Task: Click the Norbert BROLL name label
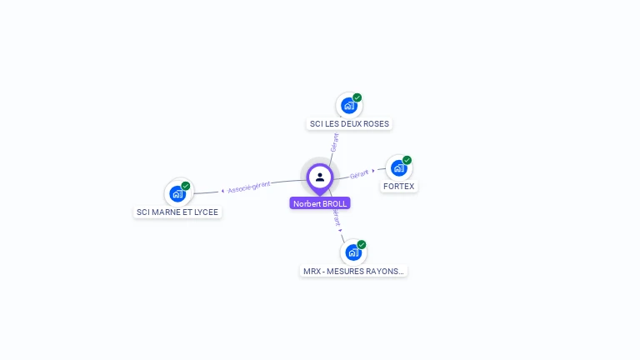click(x=320, y=203)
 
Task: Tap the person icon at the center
click(x=320, y=177)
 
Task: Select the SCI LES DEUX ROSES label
click(x=349, y=123)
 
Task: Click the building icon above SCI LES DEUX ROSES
click(x=349, y=106)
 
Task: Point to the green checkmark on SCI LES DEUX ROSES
click(x=357, y=97)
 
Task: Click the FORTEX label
click(x=399, y=186)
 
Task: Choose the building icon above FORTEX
click(x=399, y=167)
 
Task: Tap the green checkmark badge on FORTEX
click(x=407, y=160)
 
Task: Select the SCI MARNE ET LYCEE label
click(x=177, y=212)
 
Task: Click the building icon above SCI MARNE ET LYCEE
click(x=177, y=194)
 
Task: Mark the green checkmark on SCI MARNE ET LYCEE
click(x=186, y=186)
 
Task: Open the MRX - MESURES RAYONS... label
click(x=353, y=271)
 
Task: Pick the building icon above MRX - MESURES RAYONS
click(x=353, y=252)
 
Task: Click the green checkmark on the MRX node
click(x=362, y=244)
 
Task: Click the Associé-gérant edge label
click(x=249, y=187)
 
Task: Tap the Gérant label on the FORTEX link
click(x=359, y=174)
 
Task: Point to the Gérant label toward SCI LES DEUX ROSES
click(x=335, y=142)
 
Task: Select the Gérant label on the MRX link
click(x=336, y=217)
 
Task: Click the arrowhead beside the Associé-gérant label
click(x=222, y=191)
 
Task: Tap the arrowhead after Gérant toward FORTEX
click(x=373, y=171)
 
